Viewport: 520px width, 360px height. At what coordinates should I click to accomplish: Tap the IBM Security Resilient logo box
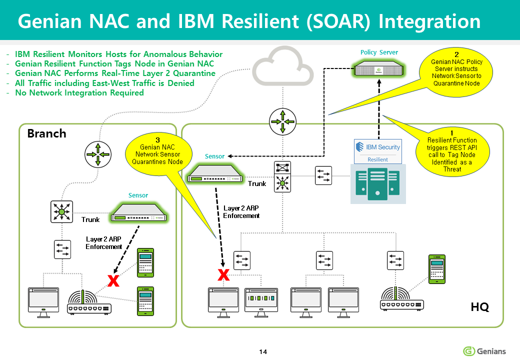click(377, 151)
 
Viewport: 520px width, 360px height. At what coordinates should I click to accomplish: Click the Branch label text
click(46, 133)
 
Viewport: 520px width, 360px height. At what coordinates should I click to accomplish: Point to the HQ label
click(479, 307)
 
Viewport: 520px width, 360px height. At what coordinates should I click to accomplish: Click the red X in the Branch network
click(114, 280)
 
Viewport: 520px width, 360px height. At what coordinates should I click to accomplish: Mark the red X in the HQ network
click(223, 274)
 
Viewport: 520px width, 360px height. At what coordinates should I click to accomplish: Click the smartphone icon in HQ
click(436, 268)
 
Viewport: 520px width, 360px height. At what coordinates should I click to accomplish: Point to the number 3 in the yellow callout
click(157, 139)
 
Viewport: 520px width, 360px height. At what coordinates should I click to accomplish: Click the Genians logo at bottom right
click(484, 351)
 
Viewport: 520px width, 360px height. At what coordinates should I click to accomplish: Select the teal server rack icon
click(377, 184)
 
